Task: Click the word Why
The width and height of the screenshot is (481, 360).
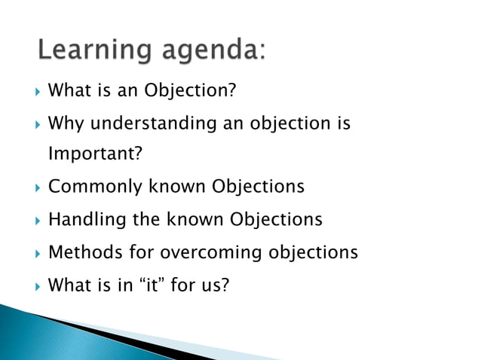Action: click(65, 123)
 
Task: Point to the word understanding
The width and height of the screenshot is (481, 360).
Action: click(150, 124)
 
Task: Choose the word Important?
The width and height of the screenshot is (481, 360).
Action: click(95, 154)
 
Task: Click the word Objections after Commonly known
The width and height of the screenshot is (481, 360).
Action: click(258, 186)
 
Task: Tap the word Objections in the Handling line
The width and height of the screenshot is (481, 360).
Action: click(276, 219)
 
